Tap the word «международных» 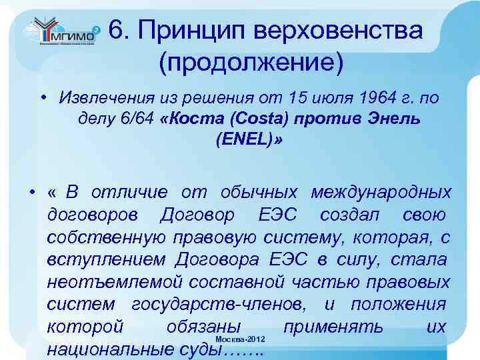pyautogui.click(x=381, y=193)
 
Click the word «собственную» pyautogui.click(x=104, y=238)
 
